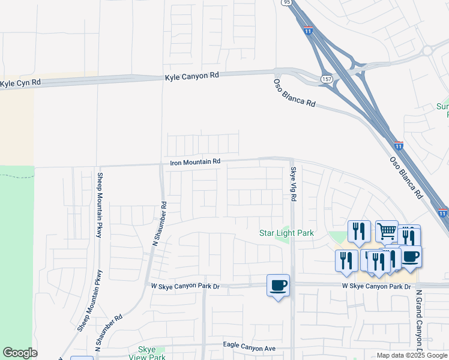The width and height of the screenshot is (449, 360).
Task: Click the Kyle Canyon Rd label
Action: tap(192, 76)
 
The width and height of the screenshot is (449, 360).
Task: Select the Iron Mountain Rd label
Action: tap(196, 162)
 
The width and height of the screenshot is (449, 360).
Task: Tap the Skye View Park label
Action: tap(147, 353)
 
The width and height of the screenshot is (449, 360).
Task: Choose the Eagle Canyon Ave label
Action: tap(249, 347)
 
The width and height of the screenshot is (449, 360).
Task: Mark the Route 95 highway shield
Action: tap(286, 2)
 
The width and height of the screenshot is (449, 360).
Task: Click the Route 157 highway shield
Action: tap(327, 79)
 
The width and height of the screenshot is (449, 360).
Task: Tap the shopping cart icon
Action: tap(387, 230)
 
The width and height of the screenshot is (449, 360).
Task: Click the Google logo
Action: tap(20, 353)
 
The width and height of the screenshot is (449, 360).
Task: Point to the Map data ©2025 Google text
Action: tap(412, 355)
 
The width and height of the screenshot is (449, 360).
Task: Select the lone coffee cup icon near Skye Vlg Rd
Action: tap(278, 286)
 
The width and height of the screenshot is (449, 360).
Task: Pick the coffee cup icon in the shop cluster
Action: tap(411, 257)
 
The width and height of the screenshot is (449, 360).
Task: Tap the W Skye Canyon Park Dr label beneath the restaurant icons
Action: tap(376, 287)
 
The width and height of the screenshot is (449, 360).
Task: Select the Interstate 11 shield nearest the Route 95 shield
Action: tap(308, 31)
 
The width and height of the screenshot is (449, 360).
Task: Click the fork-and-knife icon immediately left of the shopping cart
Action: tap(359, 231)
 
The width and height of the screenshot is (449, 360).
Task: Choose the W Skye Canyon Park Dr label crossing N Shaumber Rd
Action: tap(185, 287)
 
